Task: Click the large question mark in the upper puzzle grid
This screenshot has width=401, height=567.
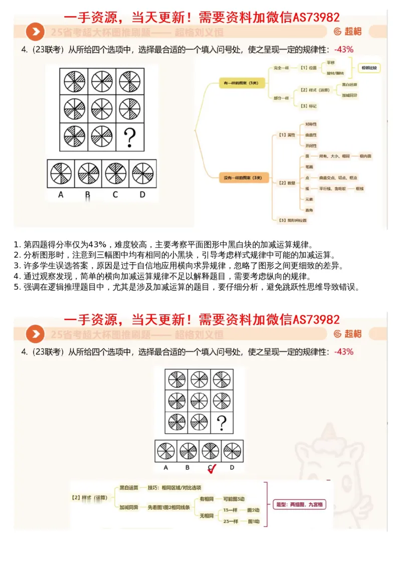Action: [130, 137]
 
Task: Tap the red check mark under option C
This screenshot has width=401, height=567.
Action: [212, 469]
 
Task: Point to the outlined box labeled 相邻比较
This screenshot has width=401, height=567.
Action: [369, 67]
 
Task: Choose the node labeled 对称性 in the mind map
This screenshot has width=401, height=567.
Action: [311, 124]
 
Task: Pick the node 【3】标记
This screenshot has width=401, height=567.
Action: [308, 106]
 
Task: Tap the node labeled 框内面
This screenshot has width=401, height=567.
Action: [365, 156]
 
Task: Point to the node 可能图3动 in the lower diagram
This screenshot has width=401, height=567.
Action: [234, 498]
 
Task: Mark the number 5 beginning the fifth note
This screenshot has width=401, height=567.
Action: [17, 287]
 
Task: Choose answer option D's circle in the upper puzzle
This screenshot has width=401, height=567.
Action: [142, 173]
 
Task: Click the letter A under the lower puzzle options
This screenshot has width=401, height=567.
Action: [166, 468]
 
